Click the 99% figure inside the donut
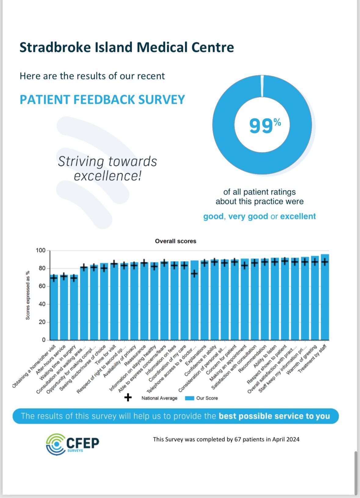click(x=265, y=125)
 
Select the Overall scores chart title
click(x=176, y=241)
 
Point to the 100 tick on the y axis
click(x=41, y=251)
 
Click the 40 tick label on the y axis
click(x=42, y=304)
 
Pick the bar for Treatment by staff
click(x=325, y=297)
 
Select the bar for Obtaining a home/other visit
click(x=54, y=307)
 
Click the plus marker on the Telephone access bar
click(x=194, y=274)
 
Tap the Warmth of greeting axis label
click(x=301, y=359)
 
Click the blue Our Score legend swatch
click(x=189, y=398)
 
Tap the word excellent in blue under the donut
click(x=298, y=216)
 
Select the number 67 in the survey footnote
click(x=238, y=440)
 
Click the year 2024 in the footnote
click(x=293, y=440)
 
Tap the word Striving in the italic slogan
click(x=81, y=162)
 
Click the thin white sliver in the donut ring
click(x=262, y=86)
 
